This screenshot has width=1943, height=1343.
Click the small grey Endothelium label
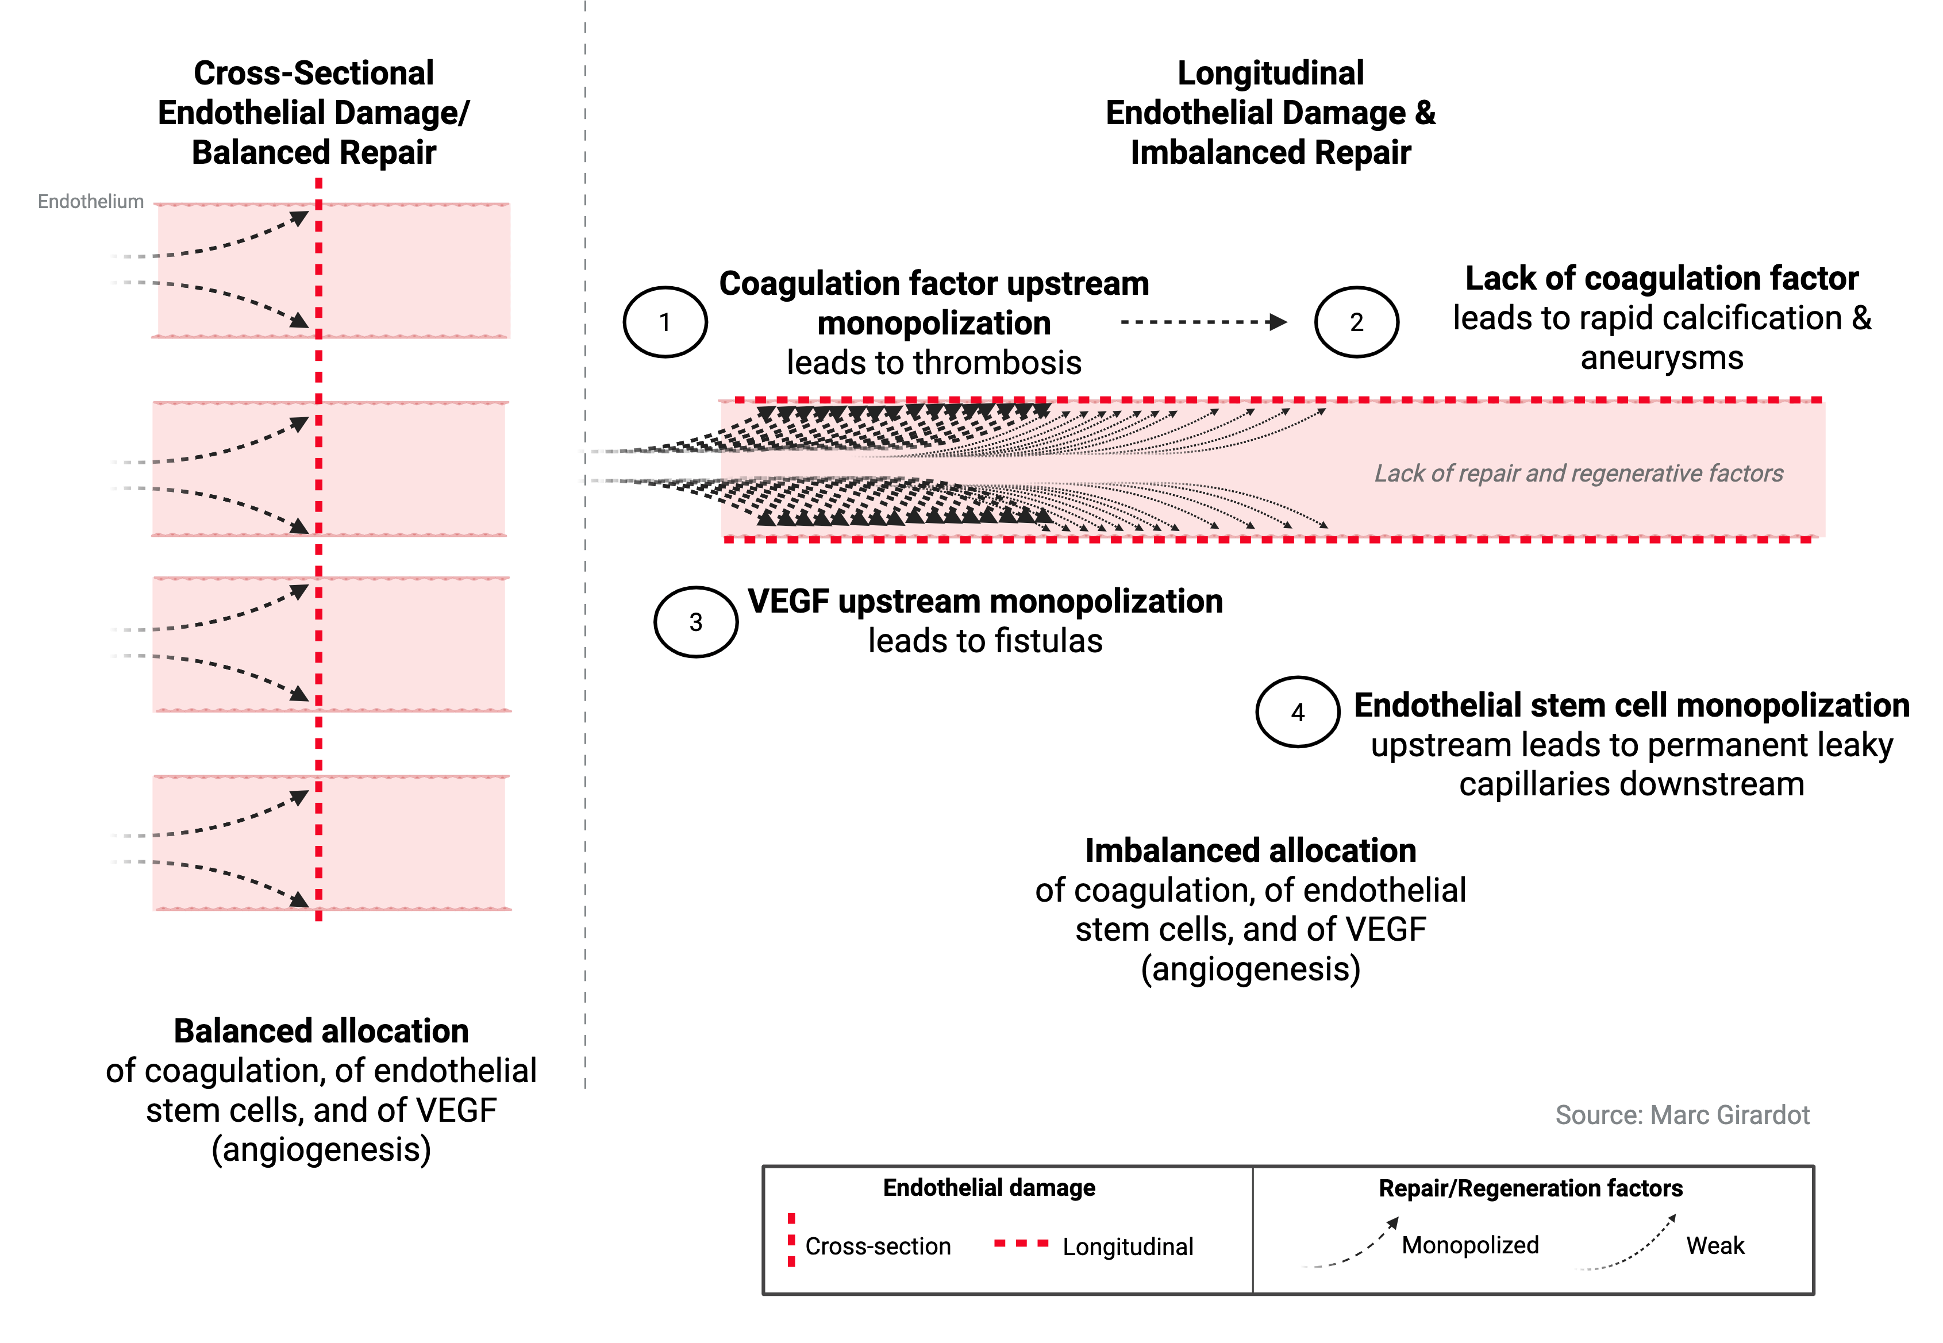click(91, 202)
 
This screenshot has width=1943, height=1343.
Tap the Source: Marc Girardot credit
click(1682, 1115)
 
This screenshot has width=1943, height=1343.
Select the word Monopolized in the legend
click(1470, 1245)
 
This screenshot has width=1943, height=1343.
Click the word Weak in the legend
click(1715, 1245)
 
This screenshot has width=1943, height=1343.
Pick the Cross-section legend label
click(878, 1246)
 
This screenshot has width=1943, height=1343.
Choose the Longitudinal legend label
click(1128, 1246)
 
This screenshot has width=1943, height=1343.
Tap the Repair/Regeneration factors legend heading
click(1531, 1188)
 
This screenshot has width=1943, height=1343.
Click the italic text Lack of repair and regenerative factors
click(1579, 474)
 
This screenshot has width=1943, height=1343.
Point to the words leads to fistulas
click(986, 641)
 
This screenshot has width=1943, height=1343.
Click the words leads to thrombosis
click(934, 363)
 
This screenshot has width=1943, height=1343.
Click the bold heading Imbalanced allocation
click(1251, 851)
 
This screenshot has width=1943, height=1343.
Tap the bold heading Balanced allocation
click(321, 1032)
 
